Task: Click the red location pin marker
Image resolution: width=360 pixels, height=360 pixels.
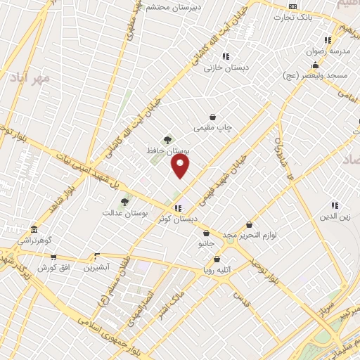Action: [x=181, y=166]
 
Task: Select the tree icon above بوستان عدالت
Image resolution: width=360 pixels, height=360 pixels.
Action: [x=124, y=202]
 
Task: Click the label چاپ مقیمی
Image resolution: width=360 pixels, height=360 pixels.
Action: [x=213, y=128]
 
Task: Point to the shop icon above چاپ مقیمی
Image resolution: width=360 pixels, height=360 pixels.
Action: [x=212, y=117]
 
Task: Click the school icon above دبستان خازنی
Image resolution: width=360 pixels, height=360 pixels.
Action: [x=225, y=56]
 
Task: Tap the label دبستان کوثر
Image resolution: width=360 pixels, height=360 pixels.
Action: [x=177, y=219]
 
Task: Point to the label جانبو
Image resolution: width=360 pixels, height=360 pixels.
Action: [x=205, y=244]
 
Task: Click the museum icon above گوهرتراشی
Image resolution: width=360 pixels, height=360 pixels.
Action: [x=34, y=229]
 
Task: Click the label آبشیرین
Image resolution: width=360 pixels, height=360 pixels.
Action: [x=97, y=267]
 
